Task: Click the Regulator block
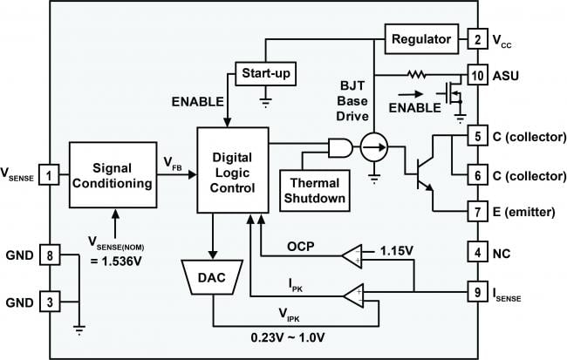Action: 421,39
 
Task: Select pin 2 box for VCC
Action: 476,39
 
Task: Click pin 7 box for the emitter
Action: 476,212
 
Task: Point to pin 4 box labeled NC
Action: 476,254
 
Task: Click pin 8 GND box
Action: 51,255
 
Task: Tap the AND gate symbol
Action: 338,148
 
